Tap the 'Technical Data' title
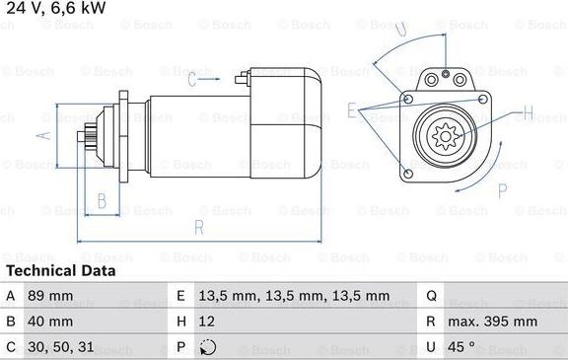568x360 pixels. (x=61, y=270)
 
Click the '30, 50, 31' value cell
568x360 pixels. (x=62, y=347)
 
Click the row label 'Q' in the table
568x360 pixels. (x=432, y=296)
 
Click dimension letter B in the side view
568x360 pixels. (x=101, y=202)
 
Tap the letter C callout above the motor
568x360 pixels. (x=192, y=81)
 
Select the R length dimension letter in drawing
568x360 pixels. (x=199, y=228)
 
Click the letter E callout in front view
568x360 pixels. (x=352, y=109)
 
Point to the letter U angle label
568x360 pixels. (x=399, y=30)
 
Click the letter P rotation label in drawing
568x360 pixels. (x=502, y=189)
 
